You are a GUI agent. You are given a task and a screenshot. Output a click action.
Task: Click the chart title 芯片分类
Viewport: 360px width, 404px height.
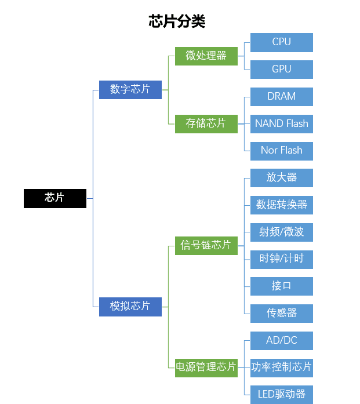pyautogui.click(x=177, y=21)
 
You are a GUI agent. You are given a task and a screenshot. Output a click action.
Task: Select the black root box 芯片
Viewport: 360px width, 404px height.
pyautogui.click(x=55, y=198)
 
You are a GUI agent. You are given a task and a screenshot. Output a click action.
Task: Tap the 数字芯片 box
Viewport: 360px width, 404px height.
pyautogui.click(x=130, y=89)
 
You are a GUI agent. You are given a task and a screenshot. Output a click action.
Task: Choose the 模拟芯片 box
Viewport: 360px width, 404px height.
pyautogui.click(x=130, y=306)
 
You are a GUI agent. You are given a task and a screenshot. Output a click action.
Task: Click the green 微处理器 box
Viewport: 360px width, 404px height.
pyautogui.click(x=206, y=56)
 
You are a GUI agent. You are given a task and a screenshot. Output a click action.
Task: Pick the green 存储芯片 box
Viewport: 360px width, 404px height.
pyautogui.click(x=206, y=123)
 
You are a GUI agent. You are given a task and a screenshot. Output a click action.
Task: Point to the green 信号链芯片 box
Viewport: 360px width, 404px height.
pyautogui.click(x=206, y=245)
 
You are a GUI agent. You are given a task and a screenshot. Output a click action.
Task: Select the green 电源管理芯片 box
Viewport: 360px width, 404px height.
pyautogui.click(x=206, y=367)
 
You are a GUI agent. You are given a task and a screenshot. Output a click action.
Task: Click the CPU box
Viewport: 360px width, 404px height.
pyautogui.click(x=282, y=42)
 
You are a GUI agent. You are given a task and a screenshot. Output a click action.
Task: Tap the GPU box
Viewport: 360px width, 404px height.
pyautogui.click(x=282, y=70)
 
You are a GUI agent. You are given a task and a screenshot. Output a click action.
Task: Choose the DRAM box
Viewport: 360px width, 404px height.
pyautogui.click(x=282, y=97)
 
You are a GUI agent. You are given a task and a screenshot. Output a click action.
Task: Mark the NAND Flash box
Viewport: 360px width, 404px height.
pyautogui.click(x=282, y=123)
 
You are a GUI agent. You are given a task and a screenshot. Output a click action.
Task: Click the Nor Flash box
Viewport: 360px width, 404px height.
pyautogui.click(x=282, y=151)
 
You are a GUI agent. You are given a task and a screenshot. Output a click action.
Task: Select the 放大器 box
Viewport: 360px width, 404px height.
pyautogui.click(x=282, y=178)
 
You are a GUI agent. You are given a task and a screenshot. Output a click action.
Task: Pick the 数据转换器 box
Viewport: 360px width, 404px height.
pyautogui.click(x=282, y=205)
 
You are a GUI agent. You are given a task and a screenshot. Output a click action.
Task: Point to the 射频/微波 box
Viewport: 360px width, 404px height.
pyautogui.click(x=282, y=232)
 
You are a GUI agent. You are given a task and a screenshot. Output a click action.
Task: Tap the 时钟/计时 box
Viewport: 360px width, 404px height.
pyautogui.click(x=282, y=259)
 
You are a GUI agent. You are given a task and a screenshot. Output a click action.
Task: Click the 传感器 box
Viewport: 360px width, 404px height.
pyautogui.click(x=282, y=313)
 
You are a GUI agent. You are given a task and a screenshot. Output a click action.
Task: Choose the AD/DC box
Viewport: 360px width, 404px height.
pyautogui.click(x=282, y=340)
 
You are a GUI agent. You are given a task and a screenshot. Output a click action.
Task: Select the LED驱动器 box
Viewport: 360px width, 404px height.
pyautogui.click(x=282, y=394)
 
